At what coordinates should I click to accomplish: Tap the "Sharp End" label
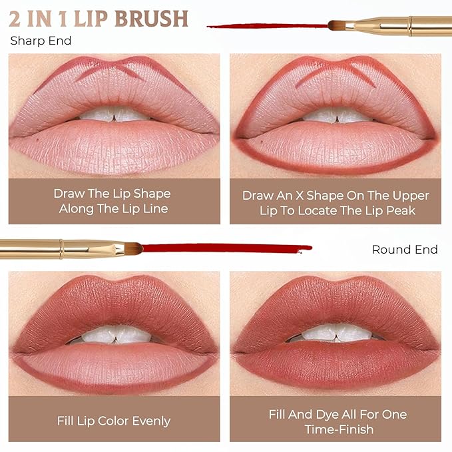[41, 41]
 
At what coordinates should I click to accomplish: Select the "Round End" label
[405, 250]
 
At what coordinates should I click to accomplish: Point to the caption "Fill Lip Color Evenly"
[114, 421]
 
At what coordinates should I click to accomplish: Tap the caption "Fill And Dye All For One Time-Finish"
[337, 421]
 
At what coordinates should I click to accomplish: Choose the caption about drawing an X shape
[336, 202]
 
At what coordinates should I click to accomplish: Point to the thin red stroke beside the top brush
[266, 27]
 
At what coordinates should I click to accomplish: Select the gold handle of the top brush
[399, 26]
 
